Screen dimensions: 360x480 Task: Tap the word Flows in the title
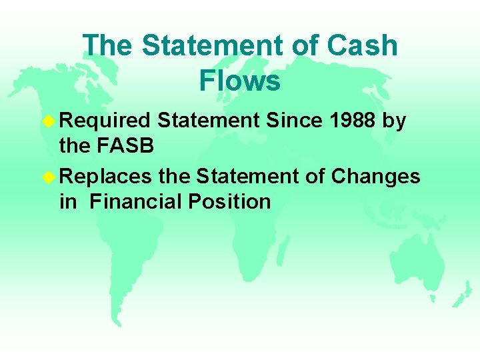[239, 81]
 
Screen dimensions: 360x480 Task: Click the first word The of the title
[108, 46]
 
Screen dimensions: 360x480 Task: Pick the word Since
[289, 120]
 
